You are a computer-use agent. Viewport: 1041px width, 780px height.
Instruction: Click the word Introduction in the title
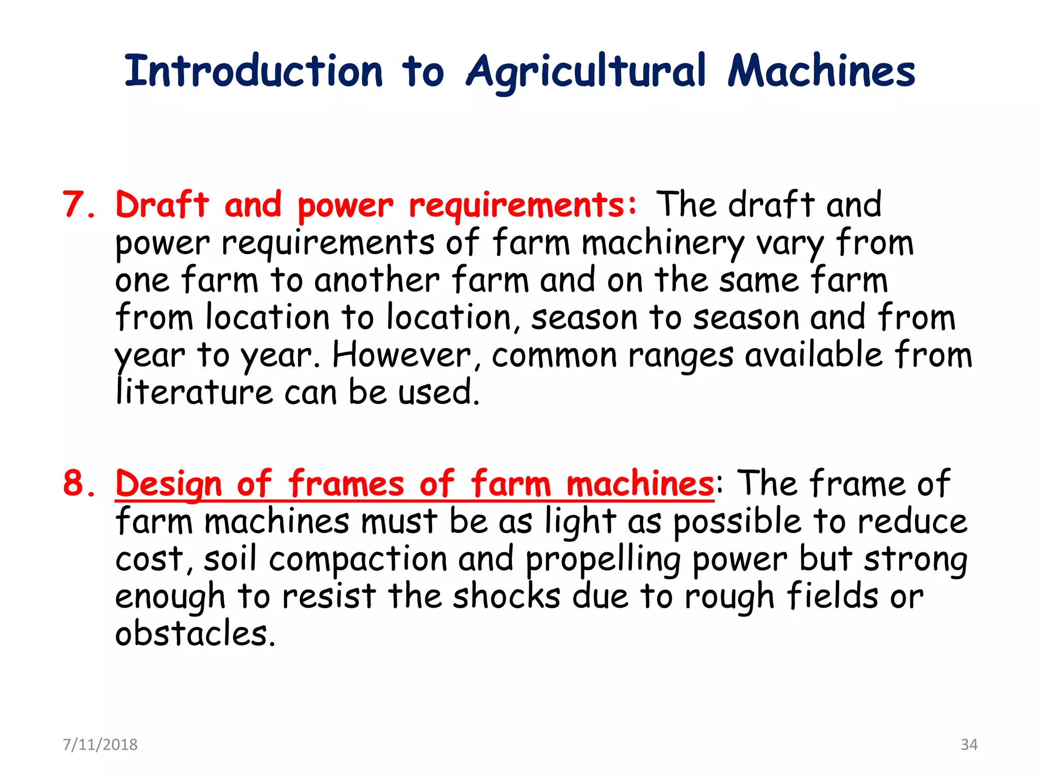point(253,71)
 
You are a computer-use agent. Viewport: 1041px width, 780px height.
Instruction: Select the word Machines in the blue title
point(821,71)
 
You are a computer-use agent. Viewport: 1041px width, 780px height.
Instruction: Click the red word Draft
point(162,205)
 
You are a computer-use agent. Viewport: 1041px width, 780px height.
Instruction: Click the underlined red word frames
point(346,483)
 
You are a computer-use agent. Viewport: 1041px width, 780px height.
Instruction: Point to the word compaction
point(358,559)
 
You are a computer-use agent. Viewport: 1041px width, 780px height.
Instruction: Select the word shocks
point(506,597)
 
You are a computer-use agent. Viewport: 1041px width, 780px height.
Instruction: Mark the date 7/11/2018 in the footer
point(100,744)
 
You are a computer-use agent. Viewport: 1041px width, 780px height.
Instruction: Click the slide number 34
point(969,744)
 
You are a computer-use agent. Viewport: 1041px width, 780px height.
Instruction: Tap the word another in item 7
point(377,280)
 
